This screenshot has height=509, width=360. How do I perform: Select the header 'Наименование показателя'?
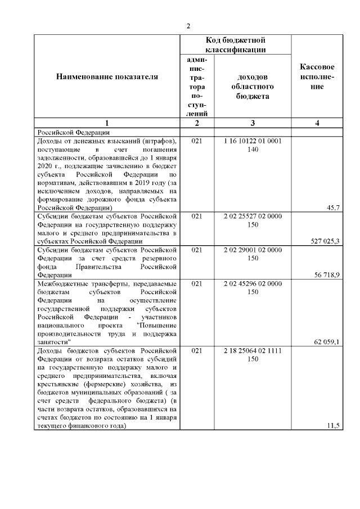[x=107, y=76]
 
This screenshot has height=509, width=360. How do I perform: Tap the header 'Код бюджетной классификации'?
[x=235, y=45]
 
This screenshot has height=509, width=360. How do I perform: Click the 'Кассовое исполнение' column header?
[x=317, y=76]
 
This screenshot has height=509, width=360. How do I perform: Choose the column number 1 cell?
[x=107, y=123]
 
